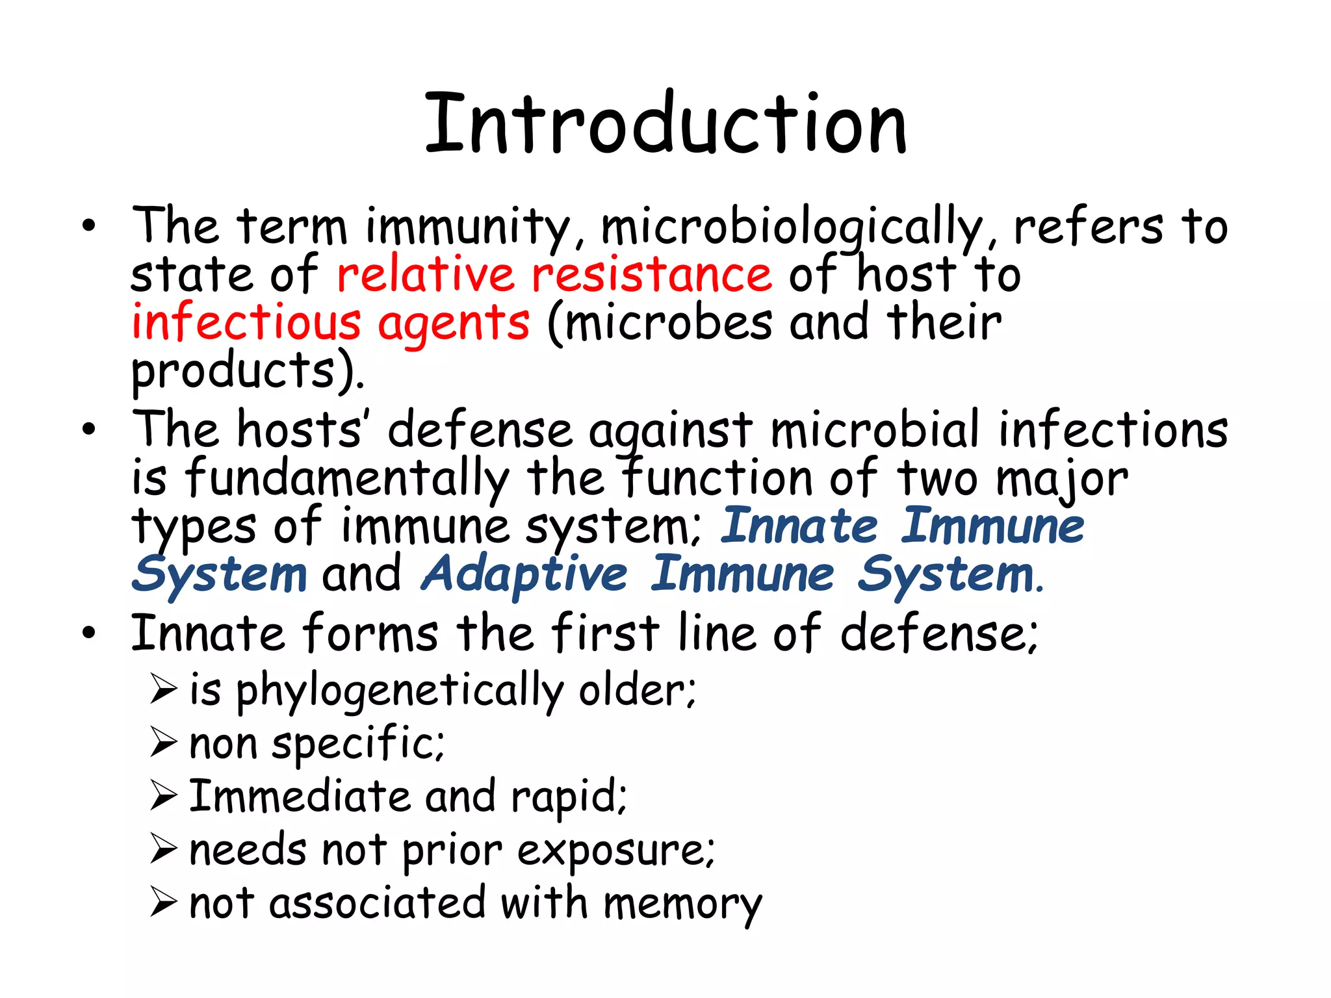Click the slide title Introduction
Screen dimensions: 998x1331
tap(665, 123)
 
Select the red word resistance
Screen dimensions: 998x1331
tap(651, 274)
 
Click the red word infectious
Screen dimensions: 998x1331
tap(246, 322)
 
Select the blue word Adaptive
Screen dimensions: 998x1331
tap(524, 574)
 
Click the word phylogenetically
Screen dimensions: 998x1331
tap(400, 691)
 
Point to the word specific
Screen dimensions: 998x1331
tap(357, 745)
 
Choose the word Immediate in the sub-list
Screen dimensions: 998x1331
tap(299, 797)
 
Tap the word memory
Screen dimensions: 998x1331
tap(682, 904)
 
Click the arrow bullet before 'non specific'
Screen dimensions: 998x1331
tap(164, 743)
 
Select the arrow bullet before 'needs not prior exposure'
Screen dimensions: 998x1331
tap(164, 849)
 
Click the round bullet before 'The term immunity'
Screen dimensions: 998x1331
tap(89, 226)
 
